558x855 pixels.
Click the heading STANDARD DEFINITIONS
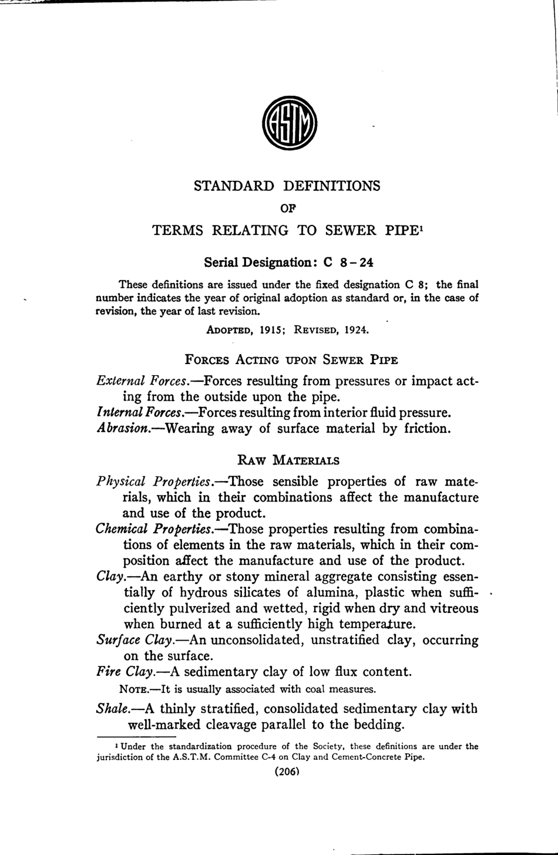pyautogui.click(x=287, y=186)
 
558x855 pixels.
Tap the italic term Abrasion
pyautogui.click(x=123, y=428)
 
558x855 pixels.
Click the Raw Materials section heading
pyautogui.click(x=288, y=460)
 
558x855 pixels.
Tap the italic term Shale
pyautogui.click(x=113, y=709)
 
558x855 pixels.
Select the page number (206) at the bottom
pyautogui.click(x=287, y=772)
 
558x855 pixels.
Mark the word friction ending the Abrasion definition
pyautogui.click(x=427, y=428)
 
